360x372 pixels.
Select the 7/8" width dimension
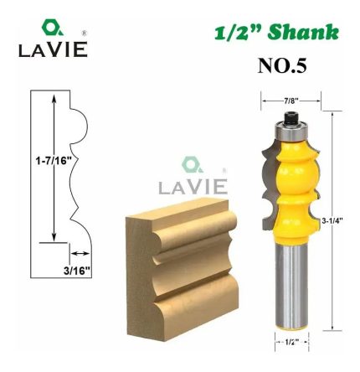(290, 101)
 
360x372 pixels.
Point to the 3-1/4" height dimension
(332, 220)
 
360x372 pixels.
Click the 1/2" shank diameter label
(291, 341)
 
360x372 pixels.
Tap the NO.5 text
(281, 66)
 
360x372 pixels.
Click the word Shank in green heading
(302, 33)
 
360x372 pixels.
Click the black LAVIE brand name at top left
(53, 49)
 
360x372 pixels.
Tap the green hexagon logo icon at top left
(52, 28)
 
